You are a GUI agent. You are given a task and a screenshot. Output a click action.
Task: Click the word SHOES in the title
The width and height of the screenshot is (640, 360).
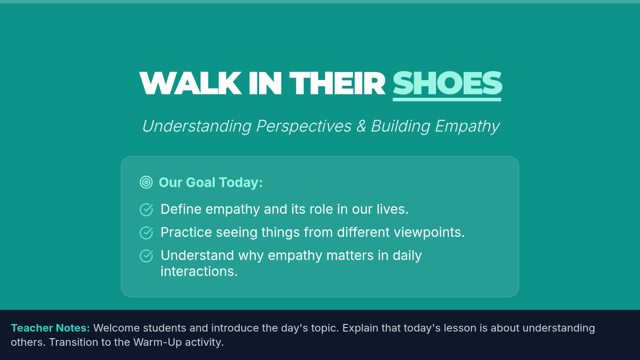click(x=447, y=83)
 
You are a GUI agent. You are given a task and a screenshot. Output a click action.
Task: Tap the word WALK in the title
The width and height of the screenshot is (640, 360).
click(x=190, y=83)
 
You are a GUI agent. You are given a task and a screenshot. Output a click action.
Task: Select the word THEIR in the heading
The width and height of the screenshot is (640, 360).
click(x=337, y=83)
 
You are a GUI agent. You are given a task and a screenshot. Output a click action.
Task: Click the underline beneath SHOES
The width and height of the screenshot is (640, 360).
click(x=447, y=99)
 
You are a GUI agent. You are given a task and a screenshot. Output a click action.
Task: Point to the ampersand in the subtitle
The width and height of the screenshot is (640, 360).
click(x=361, y=126)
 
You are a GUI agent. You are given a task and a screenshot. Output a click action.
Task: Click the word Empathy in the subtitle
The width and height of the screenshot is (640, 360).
click(x=467, y=126)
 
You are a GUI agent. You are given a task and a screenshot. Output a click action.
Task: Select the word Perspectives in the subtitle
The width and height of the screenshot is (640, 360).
click(x=303, y=126)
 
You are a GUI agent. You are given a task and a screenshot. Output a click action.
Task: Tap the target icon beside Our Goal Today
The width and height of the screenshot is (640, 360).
click(x=146, y=182)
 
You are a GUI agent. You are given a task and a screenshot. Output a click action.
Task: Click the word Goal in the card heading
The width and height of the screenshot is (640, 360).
click(x=201, y=182)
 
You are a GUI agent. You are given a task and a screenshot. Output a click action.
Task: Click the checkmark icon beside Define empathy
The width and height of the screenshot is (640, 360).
click(x=146, y=210)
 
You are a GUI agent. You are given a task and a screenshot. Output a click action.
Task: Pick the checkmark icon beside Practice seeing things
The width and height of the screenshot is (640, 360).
click(x=146, y=233)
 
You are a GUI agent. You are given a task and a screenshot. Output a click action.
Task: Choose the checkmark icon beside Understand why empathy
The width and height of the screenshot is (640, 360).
click(x=146, y=255)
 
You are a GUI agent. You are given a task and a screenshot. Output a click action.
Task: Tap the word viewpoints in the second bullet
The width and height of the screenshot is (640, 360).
click(x=429, y=233)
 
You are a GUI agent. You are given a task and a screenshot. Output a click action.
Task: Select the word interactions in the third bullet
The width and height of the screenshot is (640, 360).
click(x=199, y=271)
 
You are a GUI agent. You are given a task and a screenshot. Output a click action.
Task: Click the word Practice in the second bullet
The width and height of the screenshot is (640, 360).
click(x=186, y=233)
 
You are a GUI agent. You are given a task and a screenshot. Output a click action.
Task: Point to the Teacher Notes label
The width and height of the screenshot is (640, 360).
click(x=50, y=328)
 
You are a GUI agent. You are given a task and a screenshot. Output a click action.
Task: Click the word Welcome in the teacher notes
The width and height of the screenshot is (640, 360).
click(x=117, y=328)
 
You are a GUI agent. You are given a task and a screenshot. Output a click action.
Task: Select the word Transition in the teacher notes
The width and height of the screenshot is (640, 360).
click(x=74, y=342)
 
